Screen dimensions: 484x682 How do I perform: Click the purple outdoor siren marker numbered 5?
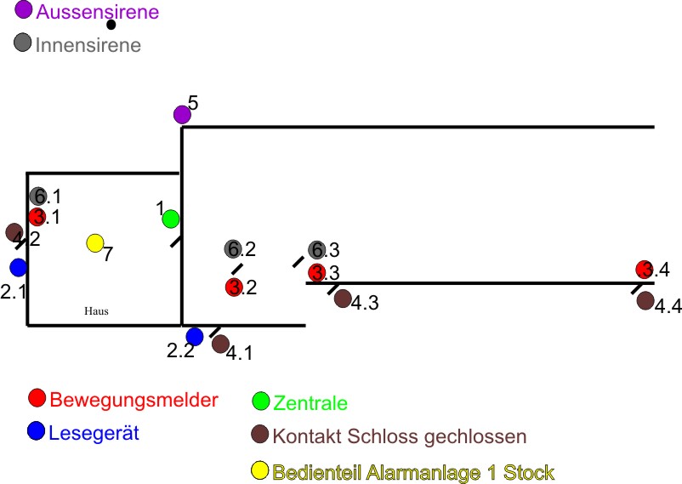pyautogui.click(x=181, y=114)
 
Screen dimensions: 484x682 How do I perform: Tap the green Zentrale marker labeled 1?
pyautogui.click(x=171, y=219)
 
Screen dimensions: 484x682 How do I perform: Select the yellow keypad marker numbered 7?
pyautogui.click(x=95, y=243)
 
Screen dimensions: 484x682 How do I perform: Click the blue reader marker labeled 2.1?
pyautogui.click(x=19, y=267)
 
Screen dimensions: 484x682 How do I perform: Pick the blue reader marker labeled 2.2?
pyautogui.click(x=195, y=336)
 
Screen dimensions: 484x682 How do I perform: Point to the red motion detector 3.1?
pyautogui.click(x=37, y=216)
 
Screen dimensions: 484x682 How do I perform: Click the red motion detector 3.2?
pyautogui.click(x=234, y=287)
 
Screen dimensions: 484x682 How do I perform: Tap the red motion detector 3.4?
pyautogui.click(x=645, y=270)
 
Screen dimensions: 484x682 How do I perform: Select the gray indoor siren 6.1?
pyautogui.click(x=37, y=196)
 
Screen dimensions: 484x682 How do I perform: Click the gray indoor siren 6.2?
pyautogui.click(x=234, y=248)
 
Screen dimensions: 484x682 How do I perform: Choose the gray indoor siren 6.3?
pyautogui.click(x=316, y=249)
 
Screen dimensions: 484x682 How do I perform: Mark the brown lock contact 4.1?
pyautogui.click(x=220, y=344)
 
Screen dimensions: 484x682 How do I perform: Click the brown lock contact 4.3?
pyautogui.click(x=343, y=298)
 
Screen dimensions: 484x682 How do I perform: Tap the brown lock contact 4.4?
pyautogui.click(x=645, y=300)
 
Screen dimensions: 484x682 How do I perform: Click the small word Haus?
pyautogui.click(x=96, y=311)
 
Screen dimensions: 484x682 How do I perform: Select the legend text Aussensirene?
pyautogui.click(x=97, y=13)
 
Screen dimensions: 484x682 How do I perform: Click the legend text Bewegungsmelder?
pyautogui.click(x=134, y=400)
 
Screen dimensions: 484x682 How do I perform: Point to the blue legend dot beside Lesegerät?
pyautogui.click(x=36, y=431)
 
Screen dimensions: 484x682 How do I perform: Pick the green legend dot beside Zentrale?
pyautogui.click(x=262, y=401)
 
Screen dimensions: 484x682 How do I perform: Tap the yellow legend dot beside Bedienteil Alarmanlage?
pyautogui.click(x=261, y=470)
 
